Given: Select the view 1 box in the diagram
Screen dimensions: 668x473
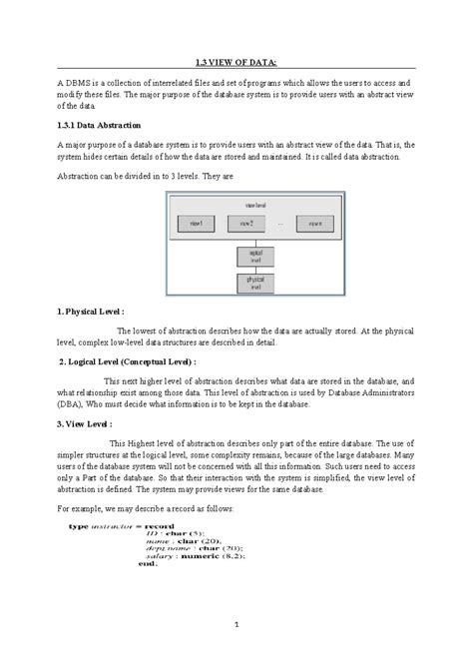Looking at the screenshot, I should tap(196, 224).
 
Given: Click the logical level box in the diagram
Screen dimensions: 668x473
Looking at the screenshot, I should tap(254, 257).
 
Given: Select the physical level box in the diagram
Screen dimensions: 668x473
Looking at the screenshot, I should tap(254, 284).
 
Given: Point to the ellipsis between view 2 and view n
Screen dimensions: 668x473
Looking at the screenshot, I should tap(280, 224).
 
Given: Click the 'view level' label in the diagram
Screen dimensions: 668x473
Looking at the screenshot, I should tap(254, 204).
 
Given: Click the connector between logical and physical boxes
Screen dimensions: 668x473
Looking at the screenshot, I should tap(254, 271).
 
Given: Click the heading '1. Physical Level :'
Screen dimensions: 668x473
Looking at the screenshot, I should tap(91, 313).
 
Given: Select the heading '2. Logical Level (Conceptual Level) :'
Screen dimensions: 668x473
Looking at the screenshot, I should tap(127, 361).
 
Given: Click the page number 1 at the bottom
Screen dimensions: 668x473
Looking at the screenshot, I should tap(236, 625).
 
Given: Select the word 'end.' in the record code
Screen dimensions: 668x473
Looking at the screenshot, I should tap(122, 563).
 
